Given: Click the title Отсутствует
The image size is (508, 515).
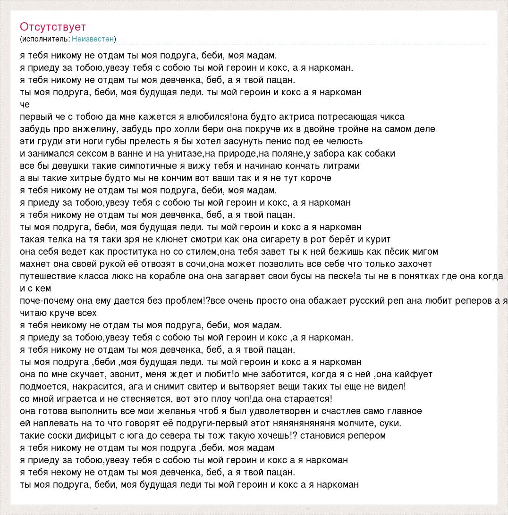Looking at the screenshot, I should (x=53, y=27).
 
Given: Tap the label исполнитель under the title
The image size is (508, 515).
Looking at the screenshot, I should (x=44, y=39).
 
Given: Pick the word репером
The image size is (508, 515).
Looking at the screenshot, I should (x=366, y=435).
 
